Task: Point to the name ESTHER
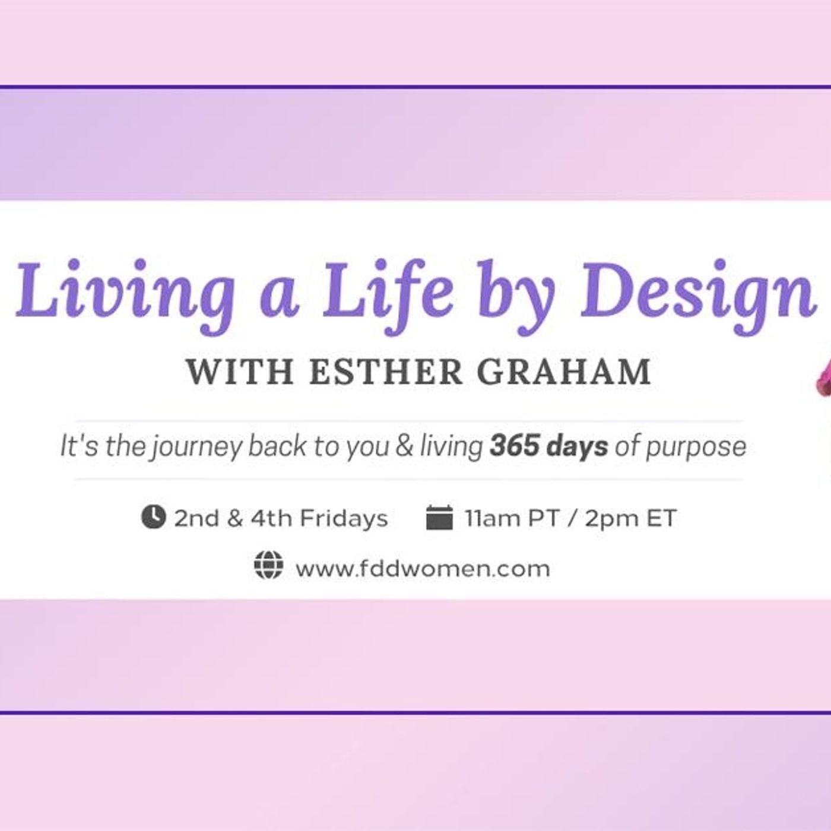pos(386,372)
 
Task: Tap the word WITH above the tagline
pos(240,372)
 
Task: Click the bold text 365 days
pos(548,446)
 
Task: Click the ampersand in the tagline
pos(404,446)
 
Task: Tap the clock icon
pos(153,517)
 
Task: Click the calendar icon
pos(439,518)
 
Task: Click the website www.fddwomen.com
pos(423,569)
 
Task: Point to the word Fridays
pos(344,518)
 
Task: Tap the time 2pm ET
pos(630,518)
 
